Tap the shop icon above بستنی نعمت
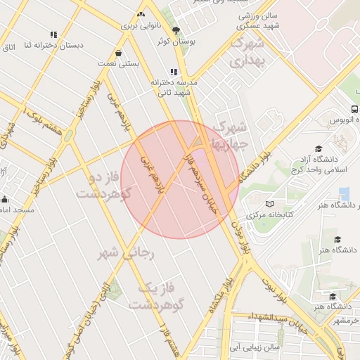tap(118, 53)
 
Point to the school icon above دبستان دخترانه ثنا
tap(53, 34)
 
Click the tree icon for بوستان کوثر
tap(175, 30)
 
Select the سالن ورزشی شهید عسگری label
tap(258, 20)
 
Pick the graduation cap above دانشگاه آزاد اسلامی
tap(319, 148)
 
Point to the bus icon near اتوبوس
tap(354, 110)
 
